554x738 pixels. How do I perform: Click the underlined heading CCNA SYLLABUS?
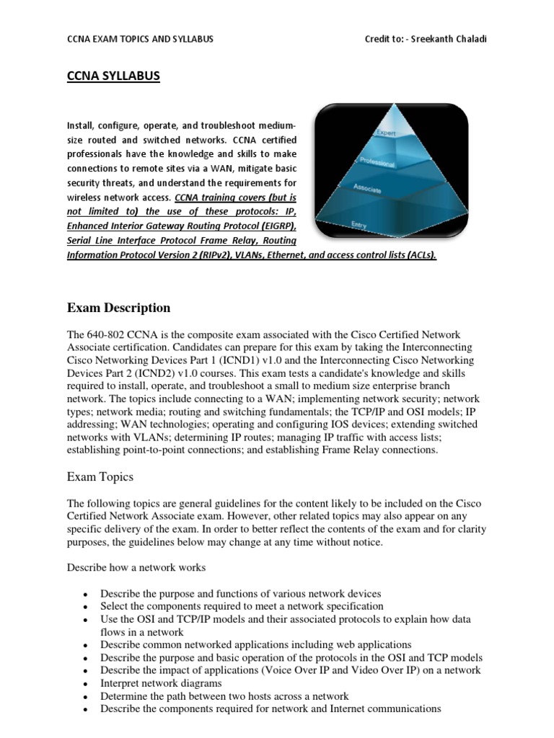(113, 76)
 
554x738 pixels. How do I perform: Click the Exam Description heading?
(118, 308)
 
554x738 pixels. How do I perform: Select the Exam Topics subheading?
(100, 476)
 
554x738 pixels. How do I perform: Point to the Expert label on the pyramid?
(386, 133)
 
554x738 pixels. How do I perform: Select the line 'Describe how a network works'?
(136, 567)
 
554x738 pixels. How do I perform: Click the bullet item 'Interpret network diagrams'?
(161, 683)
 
